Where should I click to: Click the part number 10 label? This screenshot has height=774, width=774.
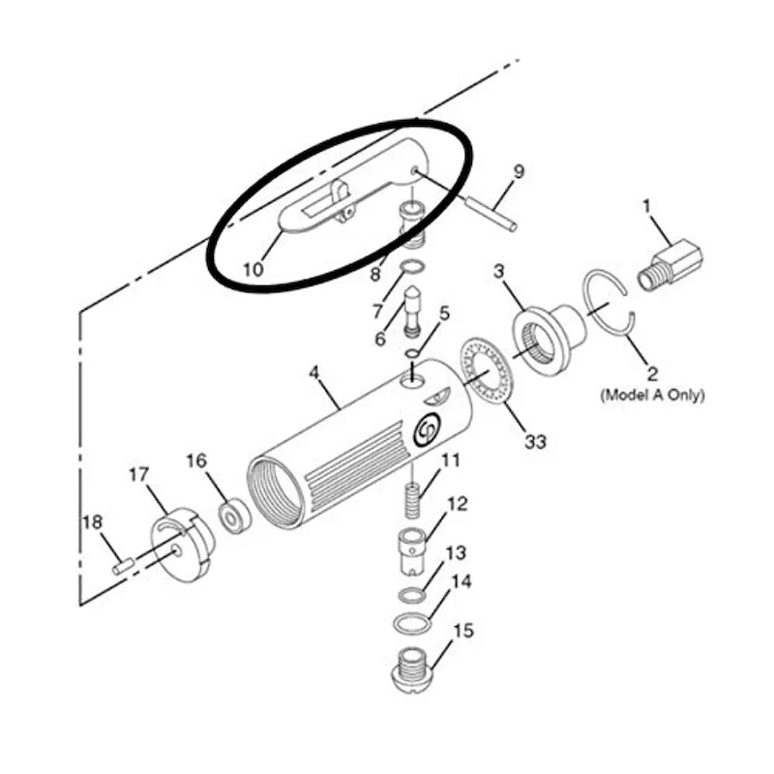[x=253, y=270]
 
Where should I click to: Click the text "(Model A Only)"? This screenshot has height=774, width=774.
[x=652, y=395]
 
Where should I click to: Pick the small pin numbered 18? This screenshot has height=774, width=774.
[x=124, y=566]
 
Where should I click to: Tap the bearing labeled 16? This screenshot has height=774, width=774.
[x=234, y=517]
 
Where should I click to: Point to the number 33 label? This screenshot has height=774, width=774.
[x=536, y=441]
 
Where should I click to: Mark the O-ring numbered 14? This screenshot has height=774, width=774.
[x=412, y=622]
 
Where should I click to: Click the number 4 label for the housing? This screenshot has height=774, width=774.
[x=314, y=372]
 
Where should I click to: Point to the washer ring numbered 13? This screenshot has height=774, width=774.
[x=410, y=595]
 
